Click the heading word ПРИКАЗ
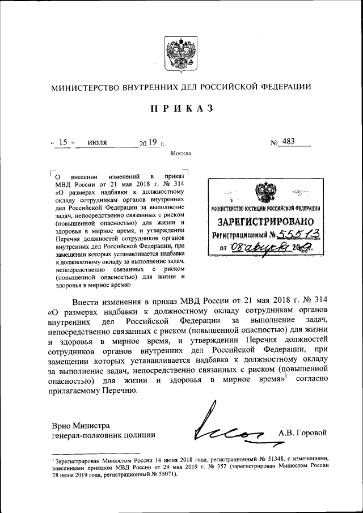pyautogui.click(x=181, y=109)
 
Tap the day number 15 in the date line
pyautogui.click(x=63, y=142)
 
